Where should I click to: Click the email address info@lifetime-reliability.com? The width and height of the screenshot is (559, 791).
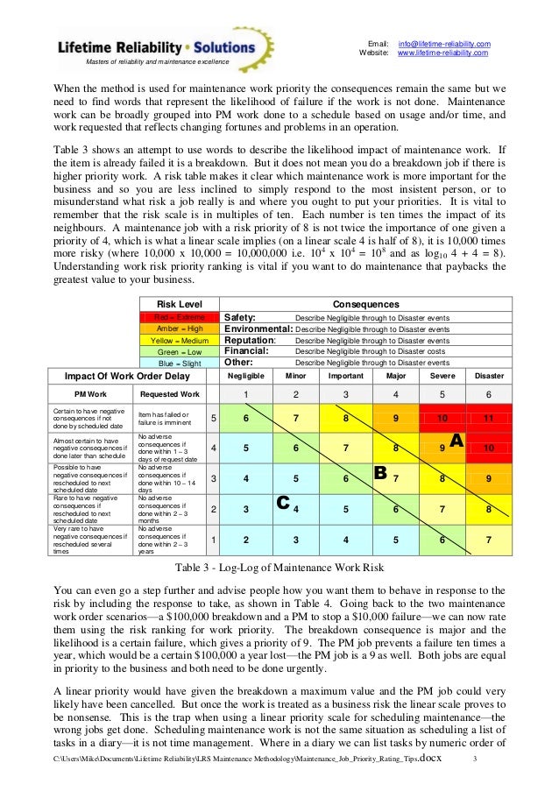(444, 44)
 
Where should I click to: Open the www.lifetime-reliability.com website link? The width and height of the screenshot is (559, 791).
(442, 53)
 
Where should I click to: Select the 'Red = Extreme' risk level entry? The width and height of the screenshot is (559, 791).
(180, 317)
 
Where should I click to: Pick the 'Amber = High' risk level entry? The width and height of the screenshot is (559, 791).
(180, 328)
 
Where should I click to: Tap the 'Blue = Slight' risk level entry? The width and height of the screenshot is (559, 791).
(180, 362)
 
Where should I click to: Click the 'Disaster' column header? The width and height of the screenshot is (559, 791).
(488, 375)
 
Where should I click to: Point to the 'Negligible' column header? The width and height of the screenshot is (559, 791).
(245, 375)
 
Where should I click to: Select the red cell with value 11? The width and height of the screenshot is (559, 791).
(488, 419)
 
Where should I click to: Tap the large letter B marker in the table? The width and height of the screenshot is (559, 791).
(380, 474)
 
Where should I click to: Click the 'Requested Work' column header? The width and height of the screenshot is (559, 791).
(171, 394)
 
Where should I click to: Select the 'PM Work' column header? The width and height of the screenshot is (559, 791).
(91, 394)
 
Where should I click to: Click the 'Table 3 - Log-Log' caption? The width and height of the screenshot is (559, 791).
(279, 565)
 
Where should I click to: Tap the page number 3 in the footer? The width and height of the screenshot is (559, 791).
(475, 758)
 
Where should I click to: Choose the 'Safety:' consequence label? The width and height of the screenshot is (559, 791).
(241, 317)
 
